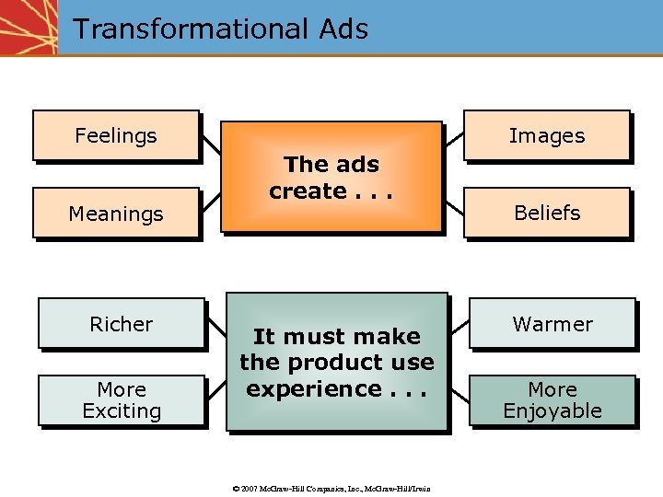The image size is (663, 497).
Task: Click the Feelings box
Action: pyautogui.click(x=116, y=136)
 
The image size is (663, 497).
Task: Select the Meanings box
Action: pyautogui.click(x=116, y=214)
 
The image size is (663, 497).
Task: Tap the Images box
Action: pyautogui.click(x=547, y=136)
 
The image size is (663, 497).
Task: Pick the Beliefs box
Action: pyautogui.click(x=547, y=213)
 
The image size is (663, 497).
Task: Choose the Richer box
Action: pyautogui.click(x=121, y=324)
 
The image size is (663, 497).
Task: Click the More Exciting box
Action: pyautogui.click(x=121, y=400)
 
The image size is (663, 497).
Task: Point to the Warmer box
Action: pyautogui.click(x=552, y=324)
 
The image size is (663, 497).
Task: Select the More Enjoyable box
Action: pyautogui.click(x=552, y=400)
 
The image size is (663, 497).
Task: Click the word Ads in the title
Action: pyautogui.click(x=343, y=29)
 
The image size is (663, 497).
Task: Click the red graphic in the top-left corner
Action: pyautogui.click(x=28, y=28)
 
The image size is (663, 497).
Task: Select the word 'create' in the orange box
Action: pyautogui.click(x=307, y=191)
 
